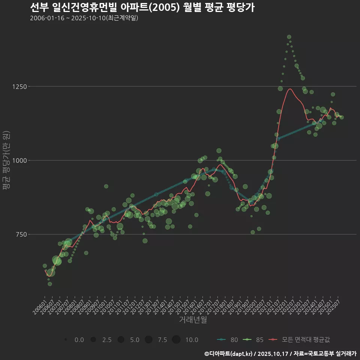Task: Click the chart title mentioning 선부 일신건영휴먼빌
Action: (142, 7)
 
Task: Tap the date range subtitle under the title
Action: (84, 18)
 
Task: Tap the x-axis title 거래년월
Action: (193, 319)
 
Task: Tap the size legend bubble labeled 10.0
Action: (176, 340)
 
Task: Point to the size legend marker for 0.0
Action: (66, 340)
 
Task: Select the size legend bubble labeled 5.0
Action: (121, 340)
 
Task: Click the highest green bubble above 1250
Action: (289, 37)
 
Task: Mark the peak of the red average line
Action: (290, 89)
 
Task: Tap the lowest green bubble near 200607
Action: (50, 284)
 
